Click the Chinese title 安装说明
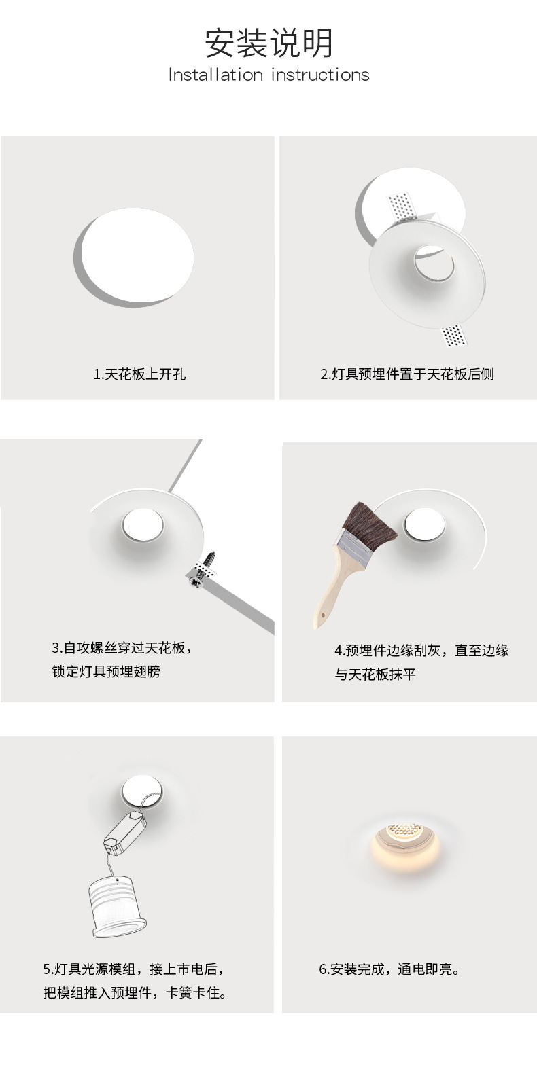click(x=268, y=43)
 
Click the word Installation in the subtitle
click(x=215, y=75)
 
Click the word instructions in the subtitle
click(x=320, y=75)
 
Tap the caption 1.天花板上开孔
click(x=139, y=374)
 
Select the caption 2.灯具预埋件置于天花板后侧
click(x=407, y=374)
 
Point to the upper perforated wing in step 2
click(x=402, y=206)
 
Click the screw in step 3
click(x=203, y=569)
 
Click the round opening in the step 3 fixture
click(x=143, y=524)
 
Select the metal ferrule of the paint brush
click(x=356, y=547)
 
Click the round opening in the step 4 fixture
click(x=424, y=524)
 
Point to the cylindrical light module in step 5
click(x=117, y=907)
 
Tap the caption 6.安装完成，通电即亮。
click(x=389, y=969)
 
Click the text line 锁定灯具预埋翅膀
click(x=106, y=671)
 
